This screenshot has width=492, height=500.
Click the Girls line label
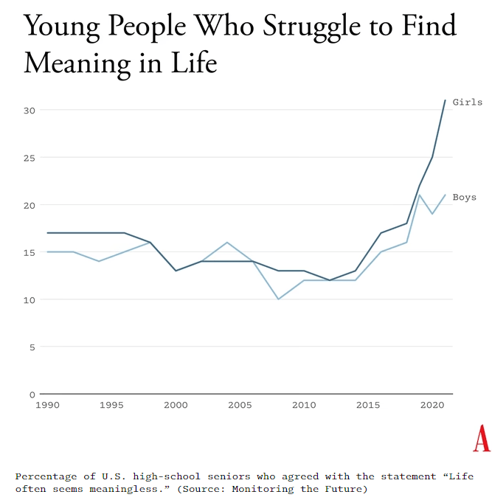point(467,103)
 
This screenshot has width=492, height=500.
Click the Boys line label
point(464,197)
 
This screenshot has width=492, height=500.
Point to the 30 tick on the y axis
point(28,110)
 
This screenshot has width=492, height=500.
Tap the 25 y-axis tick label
point(28,157)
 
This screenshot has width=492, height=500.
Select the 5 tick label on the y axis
point(31,347)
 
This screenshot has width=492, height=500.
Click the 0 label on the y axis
point(31,394)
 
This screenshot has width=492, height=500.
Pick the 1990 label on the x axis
point(47,405)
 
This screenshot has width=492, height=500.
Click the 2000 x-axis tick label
point(176,405)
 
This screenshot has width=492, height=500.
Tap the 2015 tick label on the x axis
point(368,405)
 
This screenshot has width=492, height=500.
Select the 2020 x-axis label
point(432,405)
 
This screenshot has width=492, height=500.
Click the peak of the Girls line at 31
point(445,100)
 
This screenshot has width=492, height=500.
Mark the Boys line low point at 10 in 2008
point(278,299)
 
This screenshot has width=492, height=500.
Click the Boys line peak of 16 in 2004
point(227,242)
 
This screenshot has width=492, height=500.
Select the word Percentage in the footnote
point(46,476)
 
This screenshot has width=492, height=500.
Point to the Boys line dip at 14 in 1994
point(99,261)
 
